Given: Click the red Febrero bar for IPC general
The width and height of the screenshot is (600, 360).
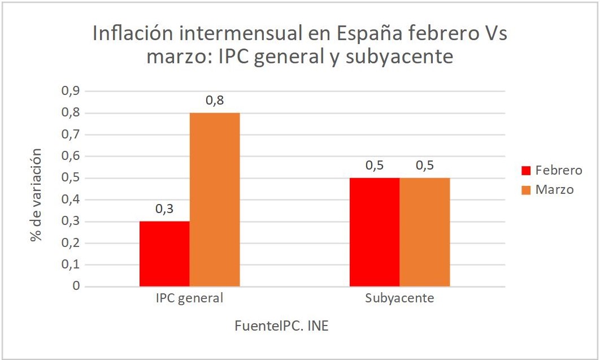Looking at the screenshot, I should (164, 254).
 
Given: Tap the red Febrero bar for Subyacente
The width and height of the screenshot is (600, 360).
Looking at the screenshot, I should (375, 232).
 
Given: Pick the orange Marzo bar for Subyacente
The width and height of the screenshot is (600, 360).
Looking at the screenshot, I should (425, 232).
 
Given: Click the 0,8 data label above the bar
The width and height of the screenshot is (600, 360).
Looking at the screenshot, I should (214, 101).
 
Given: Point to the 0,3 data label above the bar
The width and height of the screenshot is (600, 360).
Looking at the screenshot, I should (164, 209).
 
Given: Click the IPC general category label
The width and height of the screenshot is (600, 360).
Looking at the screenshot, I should (190, 298).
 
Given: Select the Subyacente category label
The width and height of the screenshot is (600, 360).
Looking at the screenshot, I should (400, 298).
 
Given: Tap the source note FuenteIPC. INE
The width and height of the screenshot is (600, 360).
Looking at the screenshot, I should (281, 326).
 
